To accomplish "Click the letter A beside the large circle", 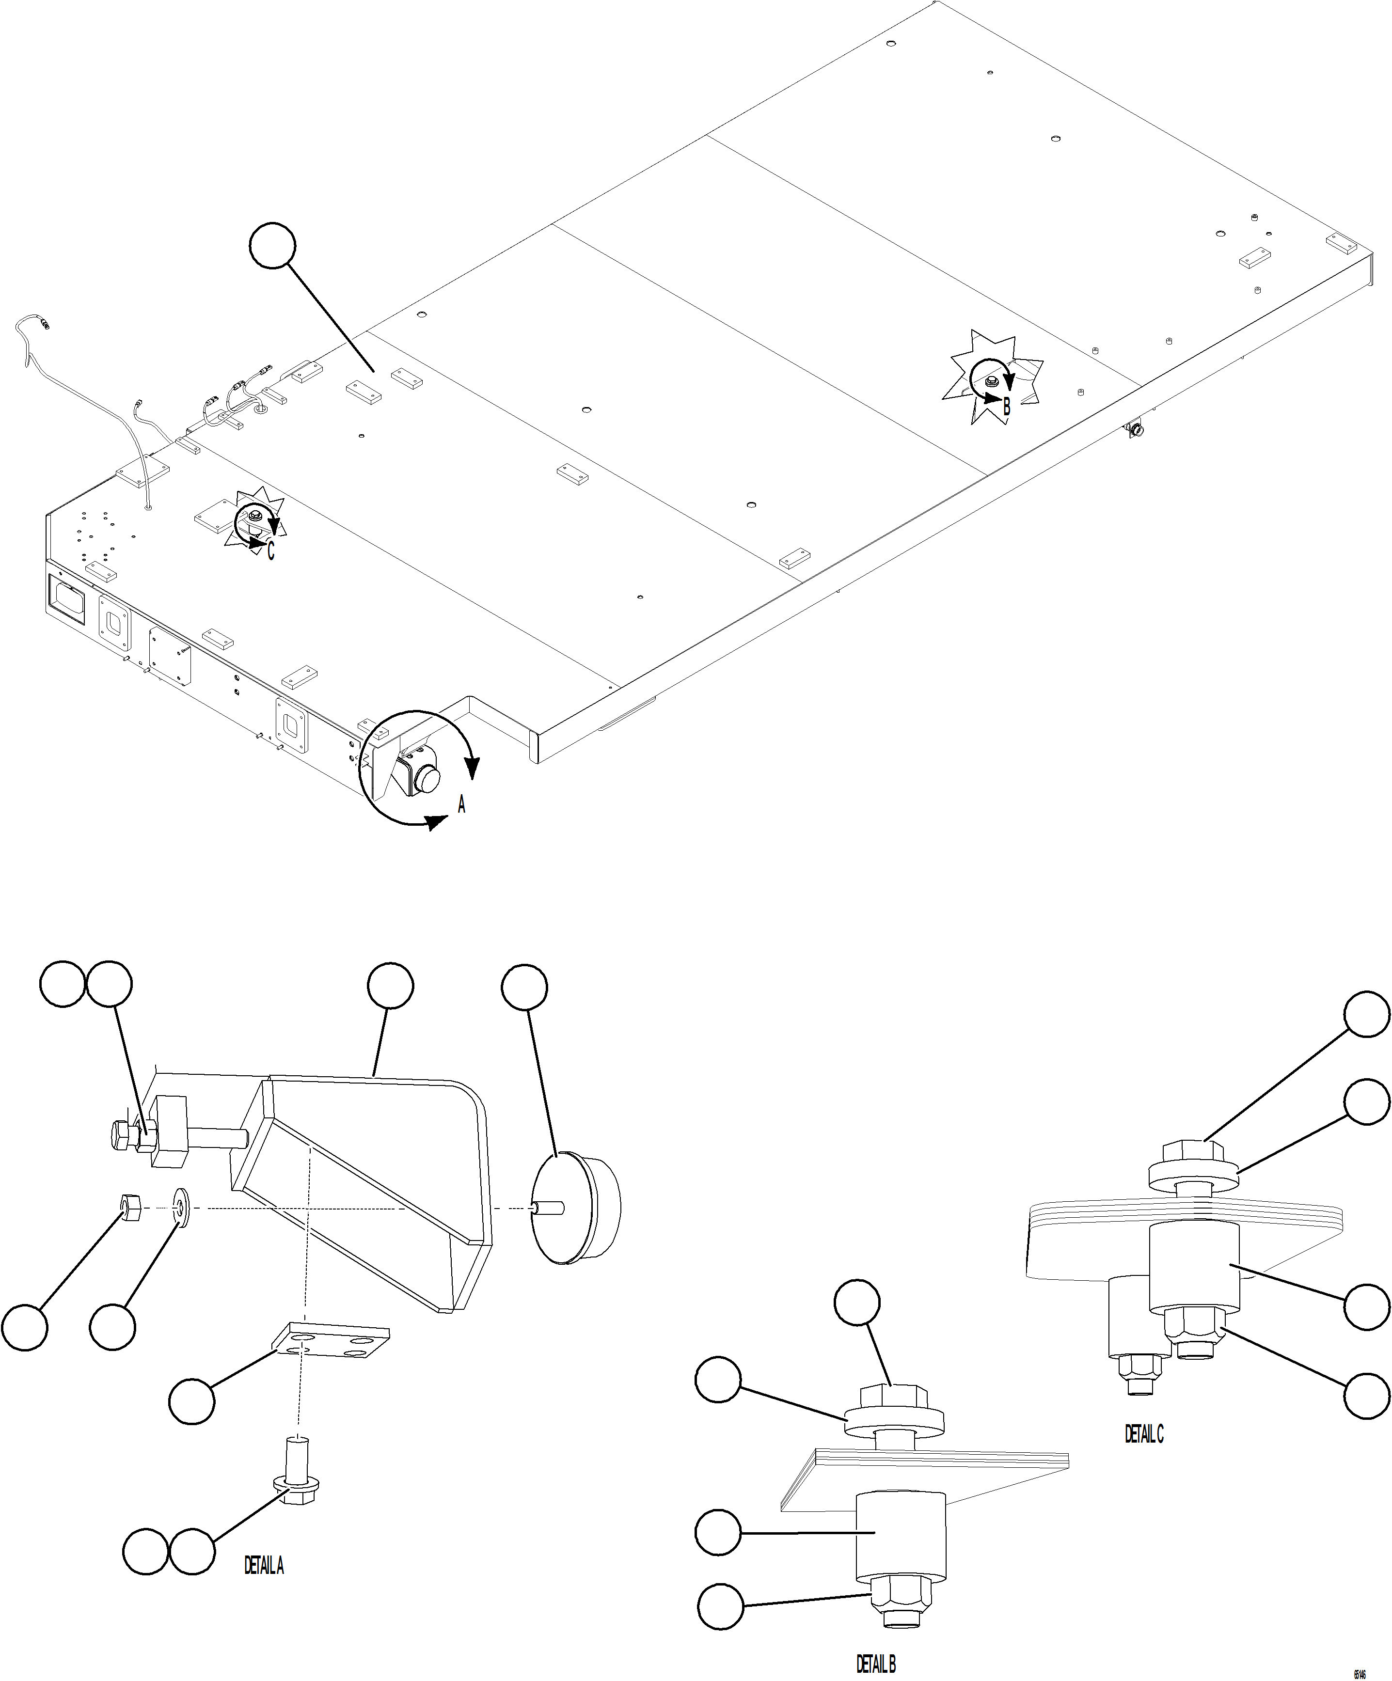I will tap(461, 805).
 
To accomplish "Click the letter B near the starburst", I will tap(1007, 408).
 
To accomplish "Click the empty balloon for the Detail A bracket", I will tap(391, 987).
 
